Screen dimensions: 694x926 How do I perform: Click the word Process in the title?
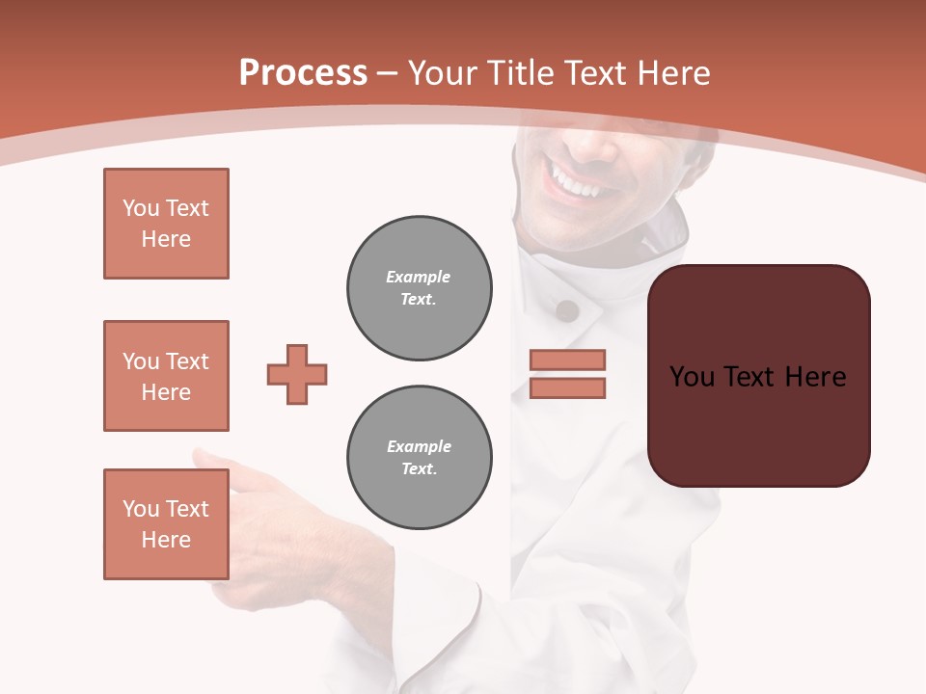tap(303, 73)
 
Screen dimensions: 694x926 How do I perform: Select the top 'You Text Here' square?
tap(166, 224)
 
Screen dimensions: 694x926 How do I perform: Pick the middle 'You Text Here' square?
tap(166, 376)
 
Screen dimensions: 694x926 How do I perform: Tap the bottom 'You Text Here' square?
tap(166, 524)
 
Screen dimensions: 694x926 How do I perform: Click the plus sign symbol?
tap(297, 374)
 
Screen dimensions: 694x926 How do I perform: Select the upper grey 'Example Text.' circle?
tap(420, 288)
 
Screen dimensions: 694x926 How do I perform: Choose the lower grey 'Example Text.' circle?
tap(420, 458)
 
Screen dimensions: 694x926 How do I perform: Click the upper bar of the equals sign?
tap(567, 360)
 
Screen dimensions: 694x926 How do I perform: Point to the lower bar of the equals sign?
tap(567, 387)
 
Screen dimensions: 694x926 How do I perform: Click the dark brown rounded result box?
tap(758, 376)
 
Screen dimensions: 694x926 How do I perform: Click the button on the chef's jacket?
tap(567, 310)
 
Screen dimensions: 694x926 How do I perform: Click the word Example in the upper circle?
tap(418, 277)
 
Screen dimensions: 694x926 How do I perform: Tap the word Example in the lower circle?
tap(419, 446)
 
